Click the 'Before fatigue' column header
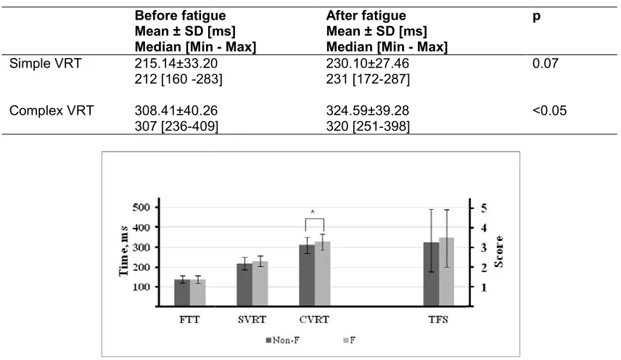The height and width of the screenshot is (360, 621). [x=180, y=15]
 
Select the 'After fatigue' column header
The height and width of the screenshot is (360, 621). [x=366, y=15]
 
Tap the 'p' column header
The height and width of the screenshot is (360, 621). [x=536, y=17]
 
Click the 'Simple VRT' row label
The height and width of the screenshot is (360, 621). [x=45, y=63]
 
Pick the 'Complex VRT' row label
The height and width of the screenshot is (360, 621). [x=52, y=110]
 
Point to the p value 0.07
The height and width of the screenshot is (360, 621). [x=546, y=63]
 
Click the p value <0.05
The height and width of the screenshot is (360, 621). [x=549, y=110]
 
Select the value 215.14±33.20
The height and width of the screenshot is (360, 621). [x=176, y=63]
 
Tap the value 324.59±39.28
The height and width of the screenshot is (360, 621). [x=368, y=110]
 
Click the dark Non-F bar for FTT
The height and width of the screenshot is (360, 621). [x=182, y=292]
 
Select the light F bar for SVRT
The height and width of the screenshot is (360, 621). [x=260, y=284]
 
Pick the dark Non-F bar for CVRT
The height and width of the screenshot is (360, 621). [x=307, y=275]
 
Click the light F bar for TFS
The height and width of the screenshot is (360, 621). [x=447, y=271]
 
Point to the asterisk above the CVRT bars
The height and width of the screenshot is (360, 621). [x=313, y=213]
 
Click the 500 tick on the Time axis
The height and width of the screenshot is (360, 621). [x=141, y=208]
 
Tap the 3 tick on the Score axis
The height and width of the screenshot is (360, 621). [x=484, y=247]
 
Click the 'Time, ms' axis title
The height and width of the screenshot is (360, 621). [x=123, y=250]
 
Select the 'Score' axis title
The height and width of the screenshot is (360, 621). [x=498, y=251]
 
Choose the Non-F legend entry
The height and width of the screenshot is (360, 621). [x=282, y=340]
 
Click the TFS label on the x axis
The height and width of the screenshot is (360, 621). [x=438, y=319]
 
